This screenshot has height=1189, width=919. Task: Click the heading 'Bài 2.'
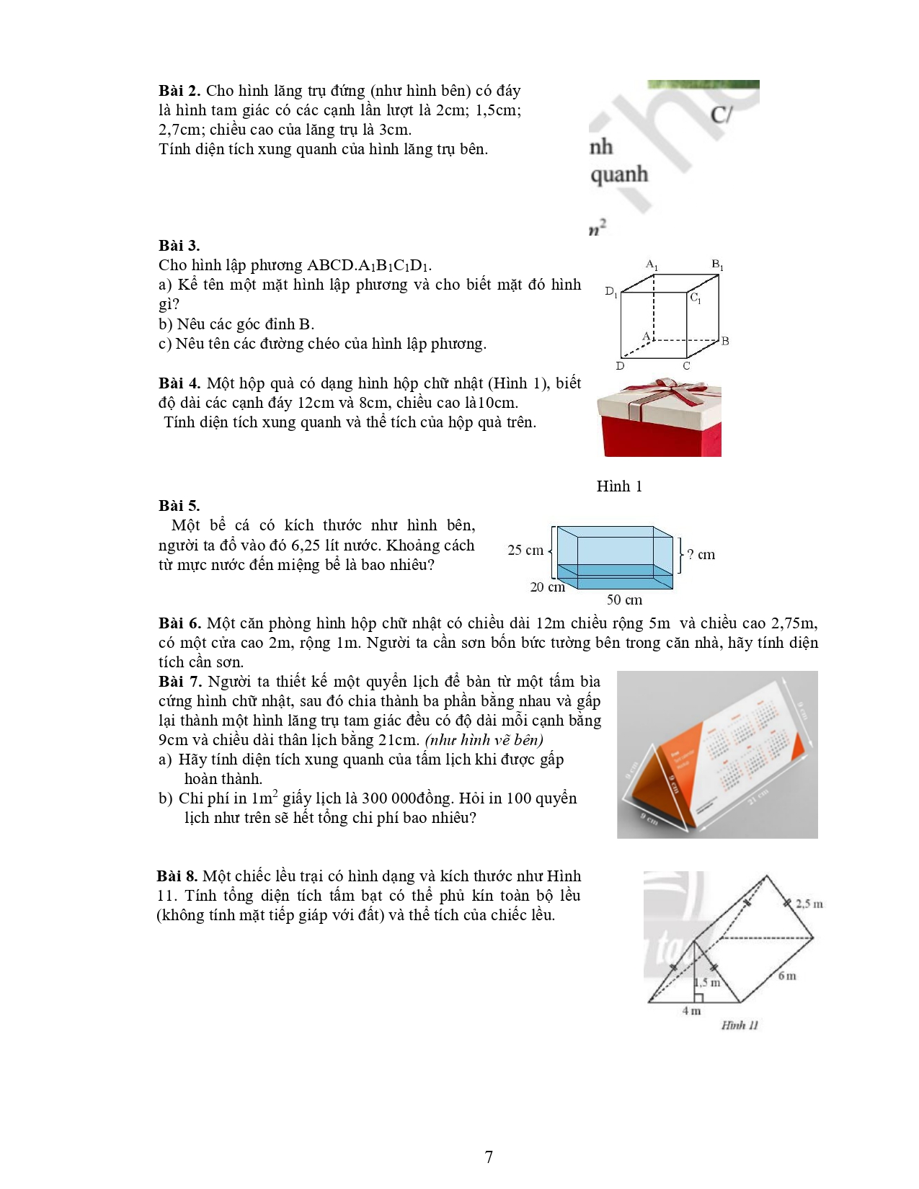[179, 91]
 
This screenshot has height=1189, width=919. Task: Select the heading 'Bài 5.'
[179, 505]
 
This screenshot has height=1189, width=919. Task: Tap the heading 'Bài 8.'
[177, 876]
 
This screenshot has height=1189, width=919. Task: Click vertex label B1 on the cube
[717, 264]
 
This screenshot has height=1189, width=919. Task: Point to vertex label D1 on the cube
[611, 292]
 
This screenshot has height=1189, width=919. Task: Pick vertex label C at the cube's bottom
[686, 365]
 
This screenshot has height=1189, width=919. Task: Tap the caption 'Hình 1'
[619, 486]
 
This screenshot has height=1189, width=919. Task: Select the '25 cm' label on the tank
[525, 551]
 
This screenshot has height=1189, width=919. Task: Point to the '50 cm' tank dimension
[624, 600]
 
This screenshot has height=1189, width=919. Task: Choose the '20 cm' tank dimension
[547, 587]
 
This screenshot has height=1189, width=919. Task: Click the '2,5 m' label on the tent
[809, 904]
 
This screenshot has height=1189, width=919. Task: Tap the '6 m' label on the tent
[787, 976]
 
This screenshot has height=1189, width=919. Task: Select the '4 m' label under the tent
[691, 1011]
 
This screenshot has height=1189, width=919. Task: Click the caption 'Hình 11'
[740, 1025]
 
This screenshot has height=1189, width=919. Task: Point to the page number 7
[489, 1157]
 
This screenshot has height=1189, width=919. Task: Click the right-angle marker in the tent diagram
[698, 997]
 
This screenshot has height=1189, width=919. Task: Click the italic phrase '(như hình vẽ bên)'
[484, 740]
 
